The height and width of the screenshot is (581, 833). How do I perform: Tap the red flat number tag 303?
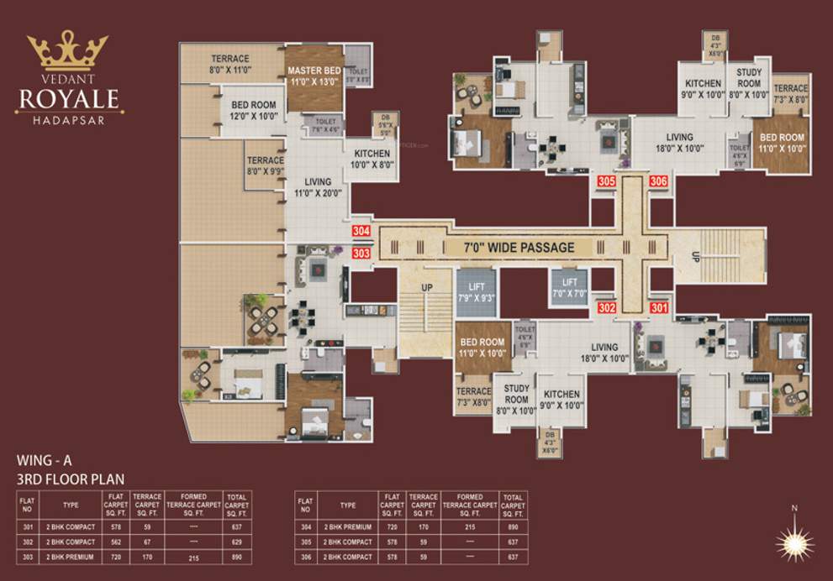click(x=361, y=252)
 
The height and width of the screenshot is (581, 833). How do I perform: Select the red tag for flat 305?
click(x=606, y=181)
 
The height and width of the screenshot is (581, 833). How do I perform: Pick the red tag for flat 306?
click(x=658, y=181)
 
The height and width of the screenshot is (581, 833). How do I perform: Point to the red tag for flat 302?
click(x=606, y=308)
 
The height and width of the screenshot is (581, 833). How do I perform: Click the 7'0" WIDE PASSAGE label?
click(x=519, y=248)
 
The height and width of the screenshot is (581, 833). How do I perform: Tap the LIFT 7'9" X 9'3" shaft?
click(x=476, y=290)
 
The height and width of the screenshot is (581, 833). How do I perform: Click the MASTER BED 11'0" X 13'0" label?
click(x=314, y=76)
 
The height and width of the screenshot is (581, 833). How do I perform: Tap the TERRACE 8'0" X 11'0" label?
click(x=229, y=65)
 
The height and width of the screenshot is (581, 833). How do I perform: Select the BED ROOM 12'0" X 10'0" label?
click(x=254, y=110)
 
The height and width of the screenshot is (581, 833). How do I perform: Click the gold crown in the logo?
click(x=67, y=52)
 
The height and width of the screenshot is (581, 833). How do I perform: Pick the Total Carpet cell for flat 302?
click(x=236, y=542)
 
